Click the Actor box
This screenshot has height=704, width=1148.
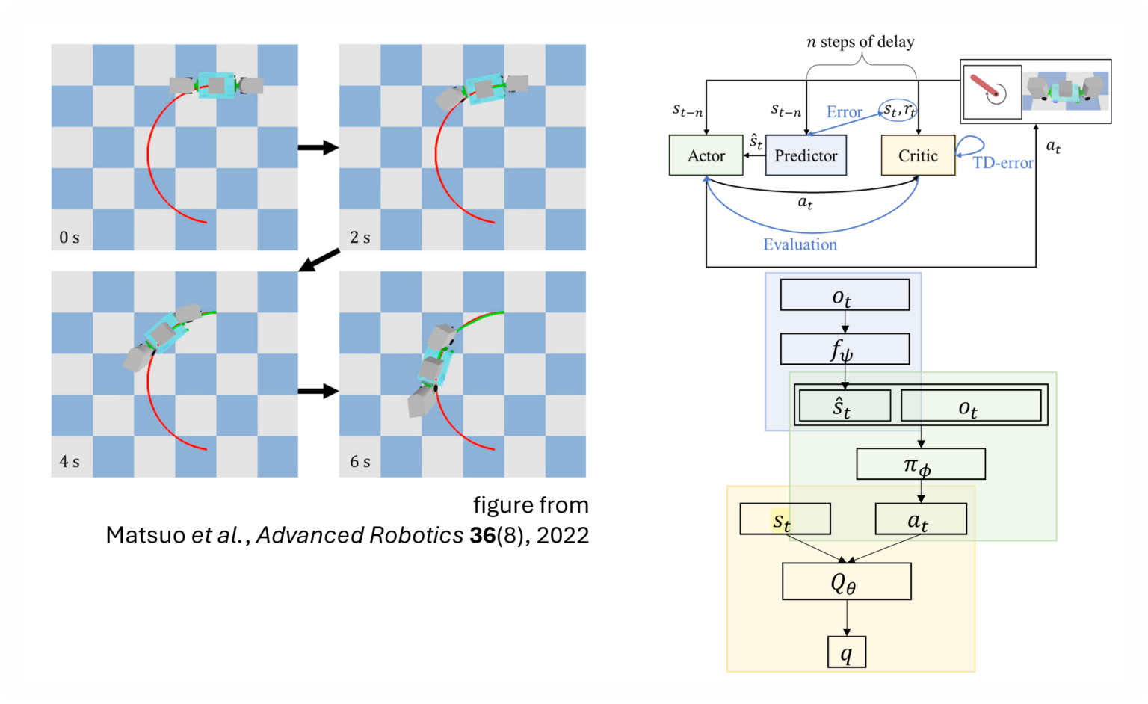[x=706, y=155]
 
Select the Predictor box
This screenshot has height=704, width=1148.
[x=806, y=155]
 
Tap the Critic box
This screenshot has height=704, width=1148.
[x=918, y=155]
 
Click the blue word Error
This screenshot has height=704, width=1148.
[x=844, y=112]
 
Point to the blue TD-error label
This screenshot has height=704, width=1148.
[x=1003, y=163]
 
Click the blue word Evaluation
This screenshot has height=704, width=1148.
[x=800, y=244]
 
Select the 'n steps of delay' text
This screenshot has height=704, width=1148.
[x=860, y=42]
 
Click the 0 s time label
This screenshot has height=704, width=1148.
[x=70, y=238]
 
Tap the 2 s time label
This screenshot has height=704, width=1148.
[x=359, y=238]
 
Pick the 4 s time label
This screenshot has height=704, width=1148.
[x=70, y=462]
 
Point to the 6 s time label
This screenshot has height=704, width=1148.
[x=359, y=462]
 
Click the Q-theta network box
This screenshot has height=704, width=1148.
[x=846, y=581]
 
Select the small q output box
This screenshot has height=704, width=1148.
[x=846, y=652]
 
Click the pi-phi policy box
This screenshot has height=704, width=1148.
[x=920, y=464]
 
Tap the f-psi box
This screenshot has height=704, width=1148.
[x=845, y=349]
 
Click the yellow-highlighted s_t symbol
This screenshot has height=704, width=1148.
[x=782, y=519]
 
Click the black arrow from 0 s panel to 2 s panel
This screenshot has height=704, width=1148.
[x=318, y=147]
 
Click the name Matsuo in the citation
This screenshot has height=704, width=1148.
[x=145, y=535]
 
